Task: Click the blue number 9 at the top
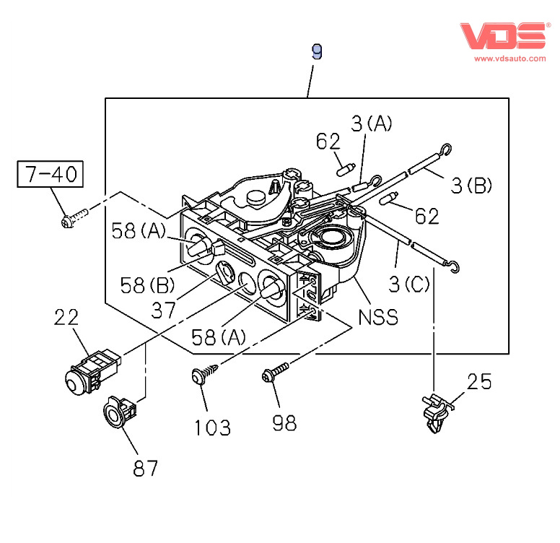(x=316, y=51)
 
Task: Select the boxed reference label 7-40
(x=51, y=174)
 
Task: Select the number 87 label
(x=144, y=468)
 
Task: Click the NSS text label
(x=378, y=317)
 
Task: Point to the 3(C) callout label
(x=408, y=284)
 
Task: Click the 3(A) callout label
(x=371, y=124)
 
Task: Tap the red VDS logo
(x=503, y=35)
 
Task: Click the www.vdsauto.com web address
(x=509, y=58)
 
